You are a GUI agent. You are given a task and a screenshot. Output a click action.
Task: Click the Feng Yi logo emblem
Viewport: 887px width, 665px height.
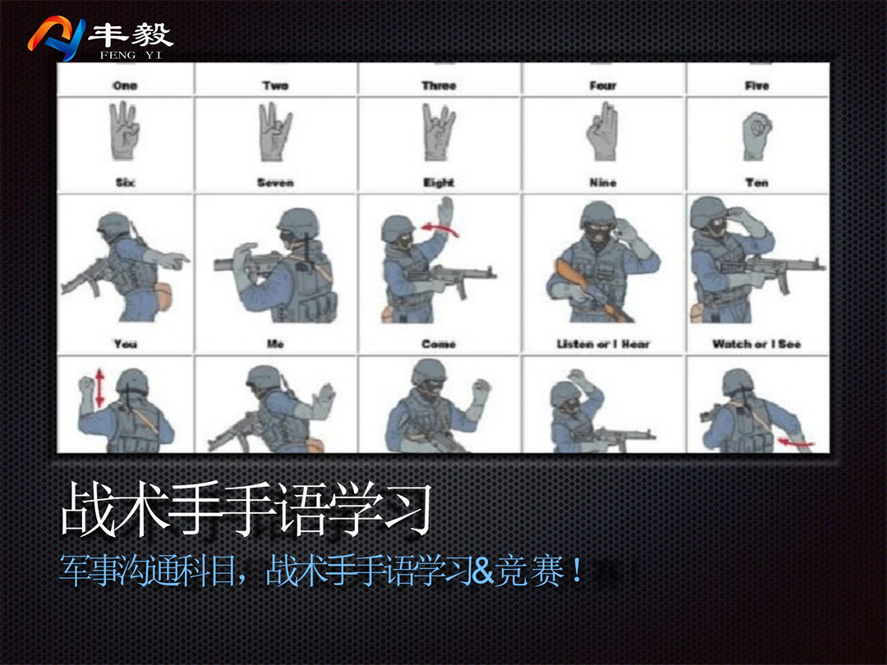click(x=57, y=38)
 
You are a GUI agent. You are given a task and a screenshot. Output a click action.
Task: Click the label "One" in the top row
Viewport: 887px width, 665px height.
click(x=125, y=85)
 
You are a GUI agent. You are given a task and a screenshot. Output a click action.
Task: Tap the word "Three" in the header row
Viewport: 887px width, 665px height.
click(x=439, y=85)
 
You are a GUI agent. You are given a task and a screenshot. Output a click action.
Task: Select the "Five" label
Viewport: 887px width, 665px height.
click(x=757, y=85)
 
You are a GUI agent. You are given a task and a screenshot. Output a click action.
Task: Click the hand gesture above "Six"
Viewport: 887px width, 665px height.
click(x=125, y=131)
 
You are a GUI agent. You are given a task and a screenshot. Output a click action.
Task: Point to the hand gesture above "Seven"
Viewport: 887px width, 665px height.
click(x=275, y=131)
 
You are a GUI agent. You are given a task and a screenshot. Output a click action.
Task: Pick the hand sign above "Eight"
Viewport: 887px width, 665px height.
click(x=439, y=132)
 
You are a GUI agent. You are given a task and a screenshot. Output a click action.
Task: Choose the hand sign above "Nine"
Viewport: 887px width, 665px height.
click(x=603, y=131)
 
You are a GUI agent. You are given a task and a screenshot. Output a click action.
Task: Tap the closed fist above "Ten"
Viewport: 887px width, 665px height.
click(x=757, y=135)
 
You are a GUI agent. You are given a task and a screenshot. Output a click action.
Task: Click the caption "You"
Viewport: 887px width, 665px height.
click(x=125, y=344)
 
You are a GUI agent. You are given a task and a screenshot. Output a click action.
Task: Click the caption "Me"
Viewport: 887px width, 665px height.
click(x=275, y=344)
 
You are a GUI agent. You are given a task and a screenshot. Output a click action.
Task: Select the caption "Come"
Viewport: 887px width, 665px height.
click(x=439, y=344)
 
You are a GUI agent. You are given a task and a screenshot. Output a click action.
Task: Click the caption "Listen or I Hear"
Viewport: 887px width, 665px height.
click(x=603, y=344)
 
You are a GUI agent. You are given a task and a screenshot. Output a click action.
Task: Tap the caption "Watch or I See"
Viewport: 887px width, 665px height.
click(x=757, y=344)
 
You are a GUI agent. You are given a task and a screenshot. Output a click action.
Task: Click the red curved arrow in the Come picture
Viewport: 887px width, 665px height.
click(x=440, y=228)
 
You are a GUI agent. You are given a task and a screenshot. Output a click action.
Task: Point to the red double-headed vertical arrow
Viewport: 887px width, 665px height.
click(x=100, y=388)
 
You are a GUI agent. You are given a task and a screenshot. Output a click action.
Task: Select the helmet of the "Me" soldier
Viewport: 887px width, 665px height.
click(x=298, y=222)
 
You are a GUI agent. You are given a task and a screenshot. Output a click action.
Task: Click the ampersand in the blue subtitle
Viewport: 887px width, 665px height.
click(x=481, y=571)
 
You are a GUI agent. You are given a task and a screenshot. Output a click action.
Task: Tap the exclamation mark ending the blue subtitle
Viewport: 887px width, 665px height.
click(x=577, y=571)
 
